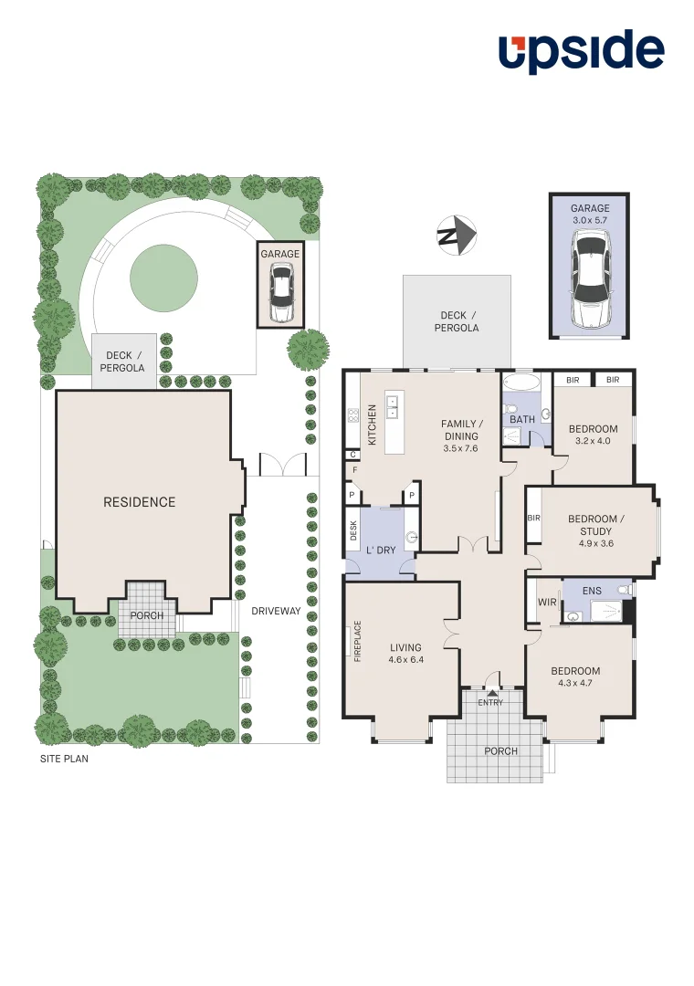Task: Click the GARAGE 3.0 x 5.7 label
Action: click(590, 215)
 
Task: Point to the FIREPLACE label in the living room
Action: click(358, 641)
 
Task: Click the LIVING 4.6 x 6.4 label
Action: click(405, 654)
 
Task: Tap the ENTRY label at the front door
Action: click(490, 702)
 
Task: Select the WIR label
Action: click(548, 603)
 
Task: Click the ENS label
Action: click(592, 591)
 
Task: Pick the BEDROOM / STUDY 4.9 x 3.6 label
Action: click(597, 531)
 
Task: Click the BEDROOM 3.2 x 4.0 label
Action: click(593, 435)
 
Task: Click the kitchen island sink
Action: click(394, 406)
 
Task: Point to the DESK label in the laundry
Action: click(353, 530)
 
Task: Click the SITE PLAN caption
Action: click(64, 759)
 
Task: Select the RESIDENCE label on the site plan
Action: click(139, 502)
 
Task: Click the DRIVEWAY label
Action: click(276, 611)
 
